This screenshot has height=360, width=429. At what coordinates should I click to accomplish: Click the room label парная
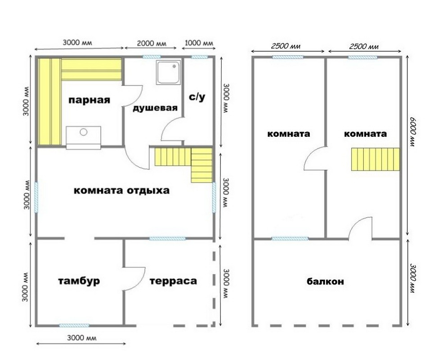pyautogui.click(x=89, y=100)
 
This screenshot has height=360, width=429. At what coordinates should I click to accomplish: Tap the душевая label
pyautogui.click(x=155, y=108)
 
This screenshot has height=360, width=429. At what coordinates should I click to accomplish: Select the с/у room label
pyautogui.click(x=197, y=97)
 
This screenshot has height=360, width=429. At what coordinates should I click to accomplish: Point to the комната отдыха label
pyautogui.click(x=121, y=190)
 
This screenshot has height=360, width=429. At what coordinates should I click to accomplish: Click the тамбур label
pyautogui.click(x=79, y=281)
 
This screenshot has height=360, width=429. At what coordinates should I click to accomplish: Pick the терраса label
pyautogui.click(x=173, y=281)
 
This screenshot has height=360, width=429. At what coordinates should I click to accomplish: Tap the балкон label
pyautogui.click(x=325, y=281)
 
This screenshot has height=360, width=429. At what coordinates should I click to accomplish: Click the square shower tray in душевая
pyautogui.click(x=168, y=72)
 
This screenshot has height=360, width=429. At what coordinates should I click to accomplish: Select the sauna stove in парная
pyautogui.click(x=84, y=137)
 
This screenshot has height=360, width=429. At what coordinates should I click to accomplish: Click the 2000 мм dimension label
pyautogui.click(x=151, y=43)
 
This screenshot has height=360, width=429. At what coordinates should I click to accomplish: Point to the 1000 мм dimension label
pyautogui.click(x=199, y=43)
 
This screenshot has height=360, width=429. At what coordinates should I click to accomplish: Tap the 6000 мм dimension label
pyautogui.click(x=412, y=132)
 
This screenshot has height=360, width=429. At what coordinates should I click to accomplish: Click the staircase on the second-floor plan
pyautogui.click(x=375, y=159)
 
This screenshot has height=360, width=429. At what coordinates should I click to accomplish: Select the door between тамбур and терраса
pyautogui.click(x=134, y=279)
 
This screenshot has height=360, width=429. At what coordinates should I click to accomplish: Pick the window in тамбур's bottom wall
pyautogui.click(x=74, y=325)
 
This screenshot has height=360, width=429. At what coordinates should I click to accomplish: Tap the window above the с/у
pyautogui.click(x=200, y=57)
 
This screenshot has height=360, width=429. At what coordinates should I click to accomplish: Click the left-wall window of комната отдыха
pyautogui.click(x=36, y=198)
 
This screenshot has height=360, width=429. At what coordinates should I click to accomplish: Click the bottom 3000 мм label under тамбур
pyautogui.click(x=82, y=338)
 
